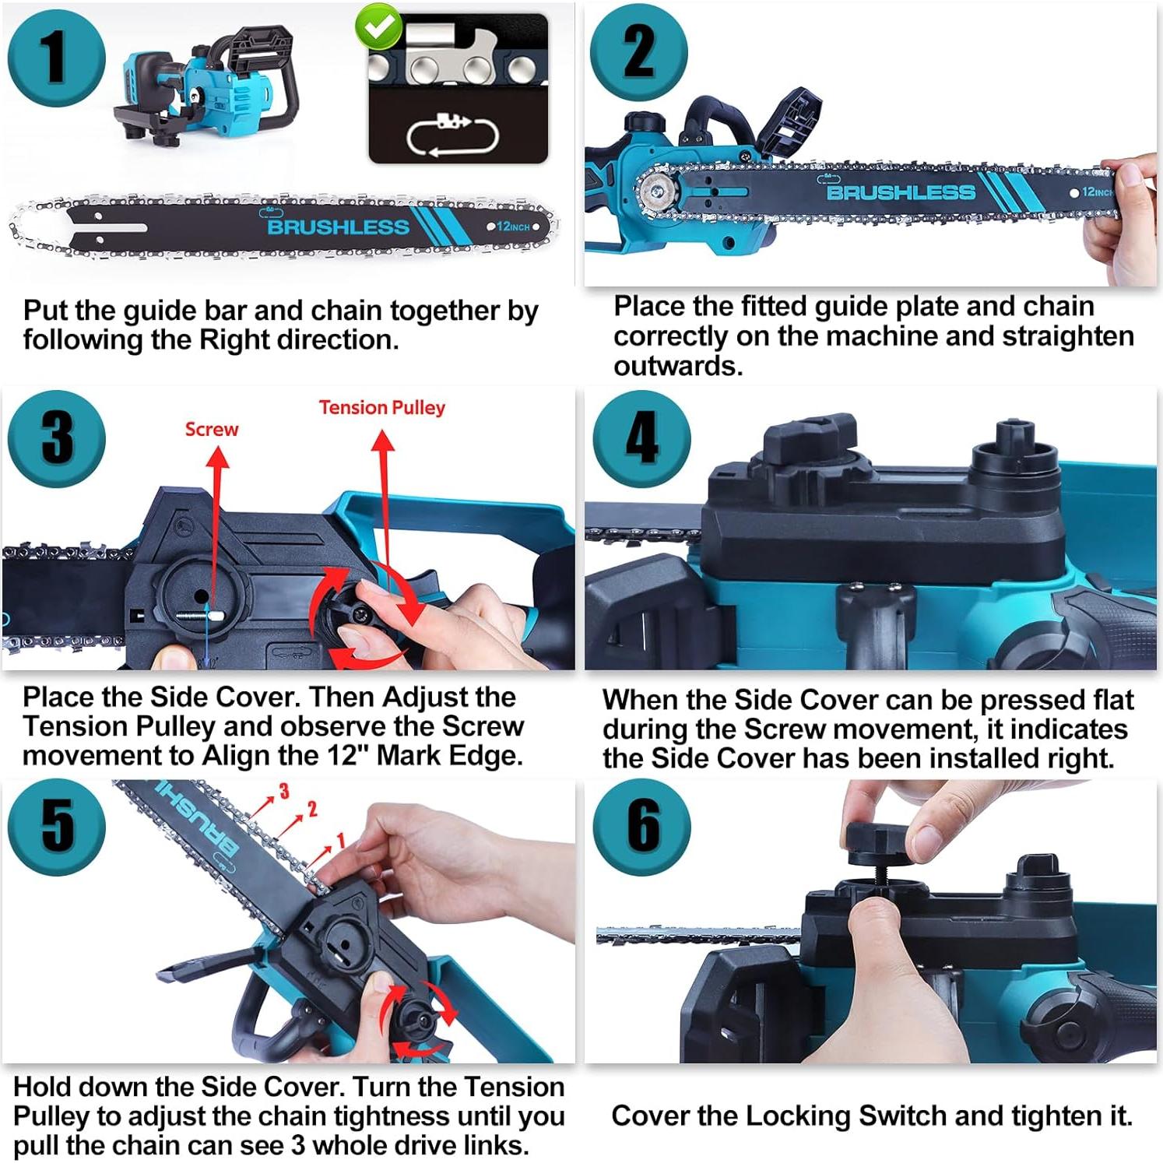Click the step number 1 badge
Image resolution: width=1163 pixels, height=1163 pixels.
coord(57,58)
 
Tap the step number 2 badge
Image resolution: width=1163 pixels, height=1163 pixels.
coord(639,51)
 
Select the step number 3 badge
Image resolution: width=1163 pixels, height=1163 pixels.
coord(57,438)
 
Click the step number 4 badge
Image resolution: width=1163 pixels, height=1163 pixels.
coord(642,438)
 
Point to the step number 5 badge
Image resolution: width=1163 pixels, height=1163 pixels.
coord(57,827)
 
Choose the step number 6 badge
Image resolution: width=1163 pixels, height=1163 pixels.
coord(642,827)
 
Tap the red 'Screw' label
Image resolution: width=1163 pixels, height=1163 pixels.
coord(212,429)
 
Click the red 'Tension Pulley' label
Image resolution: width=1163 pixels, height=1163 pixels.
coord(382,408)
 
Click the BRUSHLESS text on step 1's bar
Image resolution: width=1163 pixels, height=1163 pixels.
coord(338,227)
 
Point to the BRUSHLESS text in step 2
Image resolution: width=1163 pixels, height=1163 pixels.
coord(901,192)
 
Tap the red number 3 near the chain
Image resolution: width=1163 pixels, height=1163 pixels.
coord(284,792)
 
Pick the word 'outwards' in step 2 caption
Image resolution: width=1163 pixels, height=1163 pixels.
coord(677,366)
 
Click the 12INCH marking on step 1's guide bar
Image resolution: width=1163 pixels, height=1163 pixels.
coord(513,227)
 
